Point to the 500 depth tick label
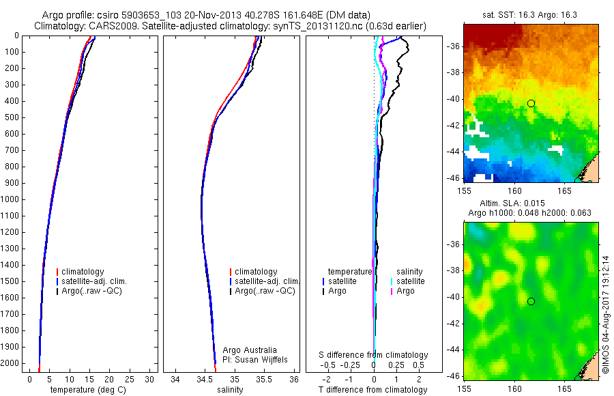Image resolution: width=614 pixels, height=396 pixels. (x=12, y=117)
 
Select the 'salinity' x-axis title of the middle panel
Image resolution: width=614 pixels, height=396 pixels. (x=230, y=390)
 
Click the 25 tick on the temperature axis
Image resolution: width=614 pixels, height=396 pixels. (x=129, y=379)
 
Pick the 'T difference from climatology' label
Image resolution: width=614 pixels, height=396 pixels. (x=373, y=390)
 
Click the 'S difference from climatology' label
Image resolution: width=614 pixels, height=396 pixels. (x=373, y=355)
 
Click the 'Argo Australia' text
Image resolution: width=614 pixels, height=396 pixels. (x=250, y=350)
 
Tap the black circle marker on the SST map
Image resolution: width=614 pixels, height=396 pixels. (x=531, y=103)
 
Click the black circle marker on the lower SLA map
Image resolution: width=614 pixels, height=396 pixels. (x=531, y=301)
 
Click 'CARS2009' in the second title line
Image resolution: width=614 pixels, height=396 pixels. (x=108, y=26)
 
